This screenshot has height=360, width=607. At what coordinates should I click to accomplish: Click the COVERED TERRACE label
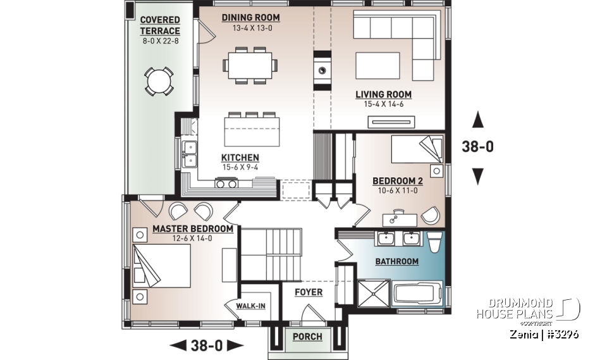[x=160, y=26]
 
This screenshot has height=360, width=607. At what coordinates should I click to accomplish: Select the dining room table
[x=249, y=65]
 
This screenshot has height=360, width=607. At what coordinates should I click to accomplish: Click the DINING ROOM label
[x=250, y=18]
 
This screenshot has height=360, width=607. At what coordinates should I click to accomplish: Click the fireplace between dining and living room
[x=322, y=70]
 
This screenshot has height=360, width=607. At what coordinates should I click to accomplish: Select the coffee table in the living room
[x=377, y=65]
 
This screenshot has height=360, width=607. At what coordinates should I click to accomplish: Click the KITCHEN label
[x=240, y=158]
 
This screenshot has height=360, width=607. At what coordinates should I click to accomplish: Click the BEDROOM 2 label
[x=398, y=180]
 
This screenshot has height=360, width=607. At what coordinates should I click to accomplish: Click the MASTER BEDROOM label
[x=192, y=229]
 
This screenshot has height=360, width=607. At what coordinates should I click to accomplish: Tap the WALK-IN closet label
[x=250, y=306]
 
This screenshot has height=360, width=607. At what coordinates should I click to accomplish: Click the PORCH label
[x=307, y=337]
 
